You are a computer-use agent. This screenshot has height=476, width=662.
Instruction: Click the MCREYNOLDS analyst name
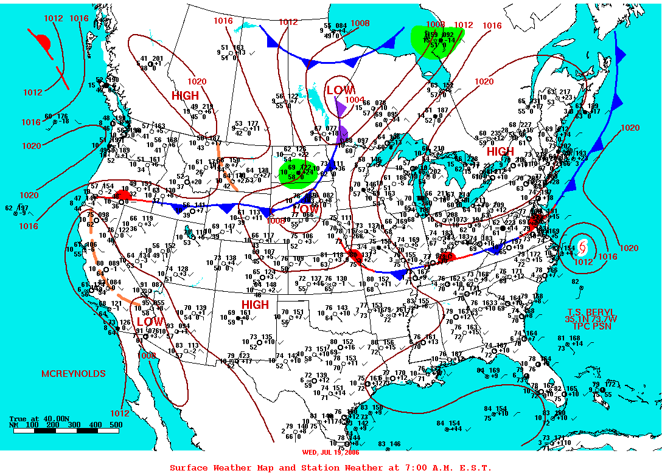click(x=73, y=373)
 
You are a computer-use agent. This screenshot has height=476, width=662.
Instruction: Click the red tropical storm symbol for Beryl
click(x=583, y=247)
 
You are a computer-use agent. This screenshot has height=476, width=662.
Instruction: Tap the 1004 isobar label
click(x=354, y=100)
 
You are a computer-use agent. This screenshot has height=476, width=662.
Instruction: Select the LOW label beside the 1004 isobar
click(x=340, y=91)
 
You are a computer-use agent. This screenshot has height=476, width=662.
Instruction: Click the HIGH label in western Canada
click(x=185, y=96)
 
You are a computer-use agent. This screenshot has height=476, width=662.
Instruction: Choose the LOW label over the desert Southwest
click(x=150, y=321)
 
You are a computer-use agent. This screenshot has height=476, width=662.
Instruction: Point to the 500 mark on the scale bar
click(x=115, y=425)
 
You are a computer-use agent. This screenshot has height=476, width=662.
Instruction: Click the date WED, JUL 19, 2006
click(x=330, y=452)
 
